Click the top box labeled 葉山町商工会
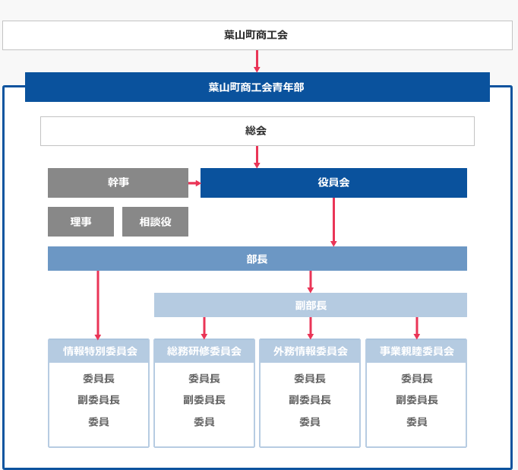click(257, 36)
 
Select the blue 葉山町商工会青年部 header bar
click(257, 87)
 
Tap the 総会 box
click(257, 131)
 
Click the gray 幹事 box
click(118, 183)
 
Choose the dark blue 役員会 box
click(333, 183)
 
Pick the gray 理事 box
click(81, 221)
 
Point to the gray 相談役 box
click(155, 221)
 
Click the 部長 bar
click(257, 259)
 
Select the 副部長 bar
click(311, 305)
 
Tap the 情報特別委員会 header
click(99, 351)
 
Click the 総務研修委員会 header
click(204, 351)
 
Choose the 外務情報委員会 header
click(310, 351)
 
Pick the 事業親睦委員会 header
click(416, 351)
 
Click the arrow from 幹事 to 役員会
click(194, 183)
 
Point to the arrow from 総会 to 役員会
click(257, 157)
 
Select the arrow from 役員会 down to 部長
click(333, 222)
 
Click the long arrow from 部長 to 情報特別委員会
click(98, 305)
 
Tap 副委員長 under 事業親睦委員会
click(417, 400)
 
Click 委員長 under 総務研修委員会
click(204, 379)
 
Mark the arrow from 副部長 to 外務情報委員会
click(310, 328)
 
